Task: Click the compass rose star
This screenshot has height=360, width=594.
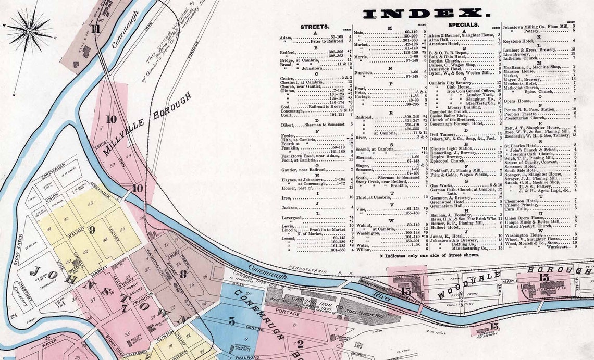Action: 29,31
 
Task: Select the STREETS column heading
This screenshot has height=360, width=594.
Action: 315,26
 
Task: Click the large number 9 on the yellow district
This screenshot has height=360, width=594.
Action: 91,229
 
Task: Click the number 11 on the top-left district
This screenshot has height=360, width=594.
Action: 96,29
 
